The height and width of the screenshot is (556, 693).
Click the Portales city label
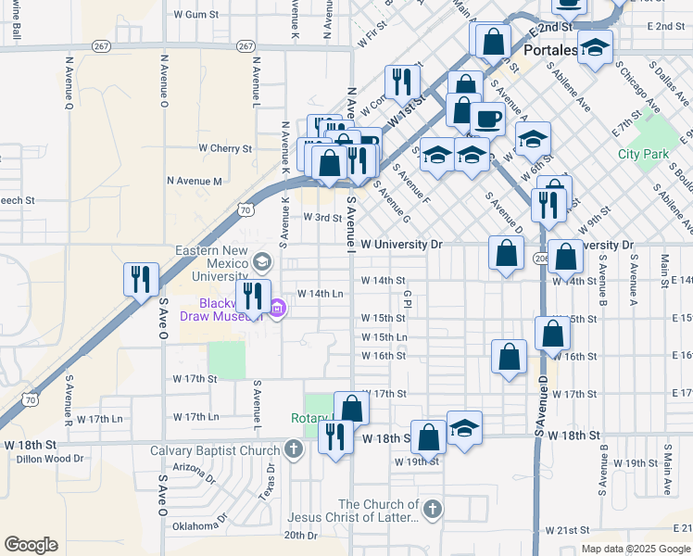click(x=550, y=49)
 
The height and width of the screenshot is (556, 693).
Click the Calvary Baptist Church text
click(x=215, y=451)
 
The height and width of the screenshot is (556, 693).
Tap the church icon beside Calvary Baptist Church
click(x=294, y=451)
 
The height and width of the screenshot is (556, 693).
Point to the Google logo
click(x=31, y=545)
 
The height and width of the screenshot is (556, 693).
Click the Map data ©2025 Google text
click(x=635, y=549)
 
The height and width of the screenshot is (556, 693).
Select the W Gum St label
click(x=195, y=15)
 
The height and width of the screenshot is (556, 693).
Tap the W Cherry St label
click(x=225, y=148)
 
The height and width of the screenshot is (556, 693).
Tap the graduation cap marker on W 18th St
click(x=464, y=427)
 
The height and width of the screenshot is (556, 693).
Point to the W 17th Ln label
click(x=101, y=418)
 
